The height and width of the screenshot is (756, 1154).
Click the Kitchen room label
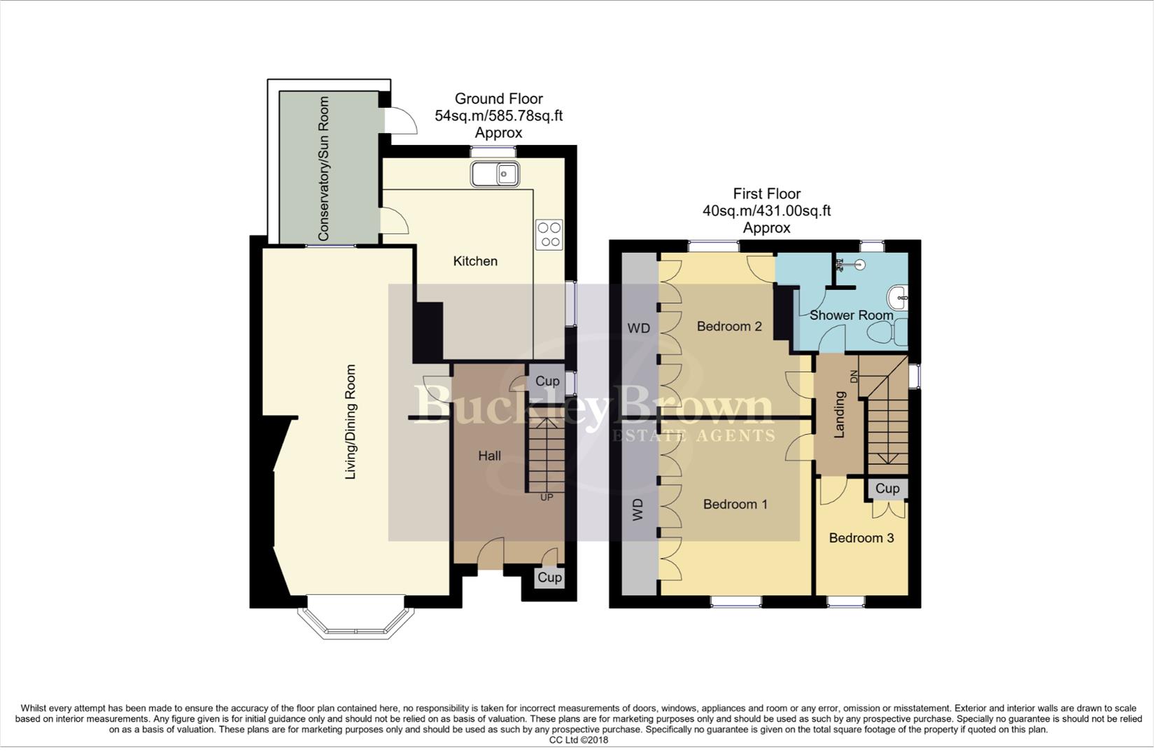point(475,261)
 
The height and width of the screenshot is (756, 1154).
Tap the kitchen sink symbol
point(494,174)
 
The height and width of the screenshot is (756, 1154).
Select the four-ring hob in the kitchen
point(549,234)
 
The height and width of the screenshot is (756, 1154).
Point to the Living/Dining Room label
point(351,422)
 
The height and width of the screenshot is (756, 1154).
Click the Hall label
point(489,456)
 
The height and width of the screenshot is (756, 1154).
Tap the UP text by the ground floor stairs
point(547,498)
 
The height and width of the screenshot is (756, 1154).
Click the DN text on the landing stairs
point(853,377)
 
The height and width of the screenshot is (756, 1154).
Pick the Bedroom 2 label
point(729,326)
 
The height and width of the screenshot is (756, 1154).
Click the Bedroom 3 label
point(861,538)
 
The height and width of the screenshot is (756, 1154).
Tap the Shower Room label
point(851,315)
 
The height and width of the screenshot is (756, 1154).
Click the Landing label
point(840,414)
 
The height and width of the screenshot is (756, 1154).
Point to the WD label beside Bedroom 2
point(638,328)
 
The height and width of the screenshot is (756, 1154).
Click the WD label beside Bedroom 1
point(638,510)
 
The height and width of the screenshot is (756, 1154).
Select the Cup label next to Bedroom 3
point(887,489)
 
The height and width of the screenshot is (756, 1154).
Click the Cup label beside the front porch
point(549,577)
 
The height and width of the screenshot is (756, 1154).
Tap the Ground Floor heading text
point(498,99)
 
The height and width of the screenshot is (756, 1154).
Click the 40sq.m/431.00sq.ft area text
point(766,211)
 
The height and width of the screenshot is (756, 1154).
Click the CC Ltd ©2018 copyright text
point(578,740)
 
